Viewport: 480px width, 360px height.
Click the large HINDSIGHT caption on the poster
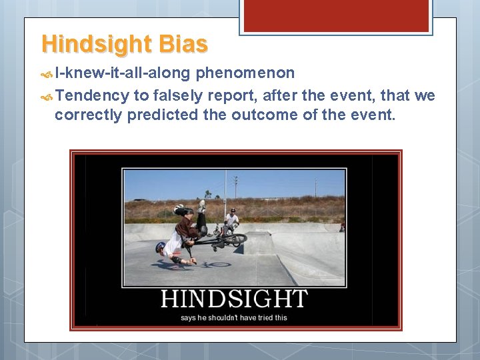coord(234,299)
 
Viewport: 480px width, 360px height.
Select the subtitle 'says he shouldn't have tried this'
coord(234,317)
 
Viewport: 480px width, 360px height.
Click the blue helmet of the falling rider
coord(160,247)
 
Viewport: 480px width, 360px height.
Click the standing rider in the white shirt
coord(231,220)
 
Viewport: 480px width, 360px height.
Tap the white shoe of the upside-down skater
coord(201,205)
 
